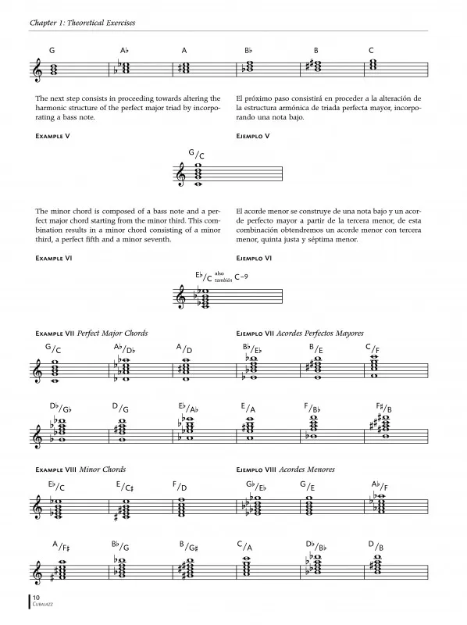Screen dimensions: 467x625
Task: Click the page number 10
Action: pyautogui.click(x=36, y=597)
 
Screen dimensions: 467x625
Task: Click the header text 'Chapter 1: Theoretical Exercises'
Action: pyautogui.click(x=83, y=23)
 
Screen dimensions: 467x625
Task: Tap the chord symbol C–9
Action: pyautogui.click(x=241, y=277)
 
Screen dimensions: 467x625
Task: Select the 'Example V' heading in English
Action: pyautogui.click(x=52, y=136)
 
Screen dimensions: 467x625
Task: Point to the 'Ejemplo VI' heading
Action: pyautogui.click(x=254, y=259)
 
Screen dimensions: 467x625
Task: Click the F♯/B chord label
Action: pyautogui.click(x=383, y=407)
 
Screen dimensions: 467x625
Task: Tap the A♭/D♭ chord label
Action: pyautogui.click(x=124, y=348)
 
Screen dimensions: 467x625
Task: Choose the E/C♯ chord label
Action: pyautogui.click(x=124, y=486)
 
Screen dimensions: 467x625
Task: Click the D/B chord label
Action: pyautogui.click(x=376, y=545)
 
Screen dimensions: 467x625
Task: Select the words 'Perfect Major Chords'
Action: pyautogui.click(x=112, y=334)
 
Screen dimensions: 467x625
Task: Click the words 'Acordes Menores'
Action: pyautogui.click(x=307, y=470)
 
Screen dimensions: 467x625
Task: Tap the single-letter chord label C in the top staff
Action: pyautogui.click(x=372, y=51)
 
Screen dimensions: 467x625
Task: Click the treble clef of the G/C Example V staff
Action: pyautogui.click(x=181, y=174)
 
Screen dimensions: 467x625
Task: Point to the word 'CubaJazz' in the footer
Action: pyautogui.click(x=43, y=604)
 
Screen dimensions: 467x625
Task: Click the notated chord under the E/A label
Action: pyautogui.click(x=250, y=428)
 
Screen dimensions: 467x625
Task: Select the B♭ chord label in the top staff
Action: pyautogui.click(x=248, y=51)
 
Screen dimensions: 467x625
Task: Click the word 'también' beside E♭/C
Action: pyautogui.click(x=223, y=280)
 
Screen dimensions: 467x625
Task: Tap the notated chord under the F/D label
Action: pyautogui.click(x=182, y=507)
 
